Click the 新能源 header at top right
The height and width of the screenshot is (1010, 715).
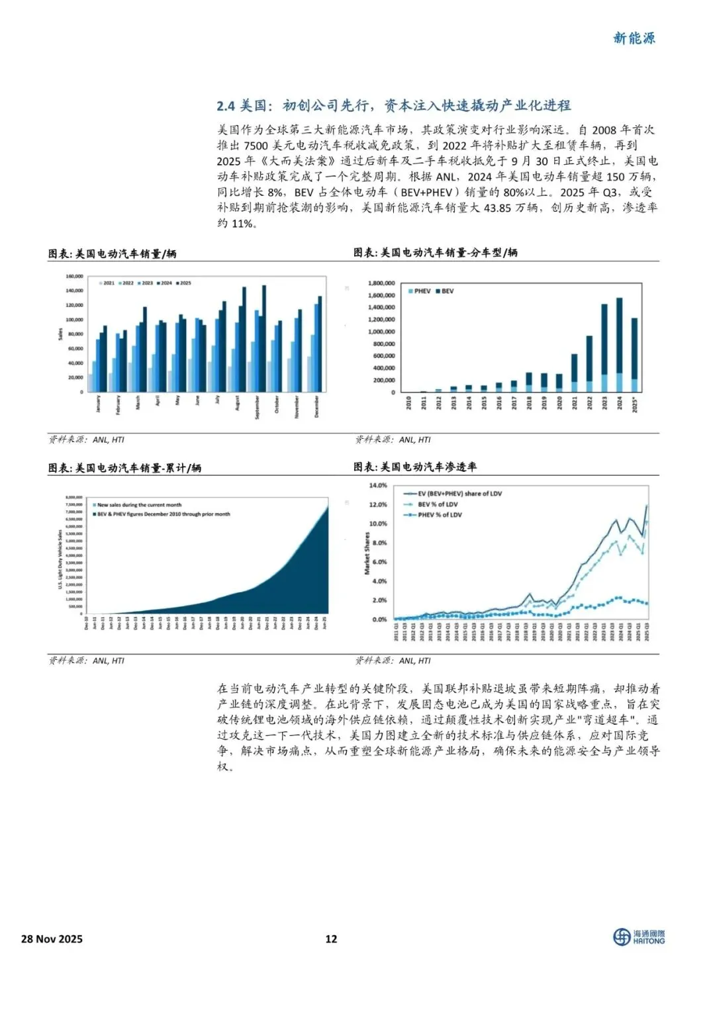634,38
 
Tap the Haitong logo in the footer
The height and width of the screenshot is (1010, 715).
638,937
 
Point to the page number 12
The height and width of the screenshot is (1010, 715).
331,939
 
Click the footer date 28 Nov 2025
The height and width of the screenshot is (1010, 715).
52,939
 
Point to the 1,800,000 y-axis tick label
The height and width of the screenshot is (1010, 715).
381,283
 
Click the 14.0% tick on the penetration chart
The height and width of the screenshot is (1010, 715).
378,485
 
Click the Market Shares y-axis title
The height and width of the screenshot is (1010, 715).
367,553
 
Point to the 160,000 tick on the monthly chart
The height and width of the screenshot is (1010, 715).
74,276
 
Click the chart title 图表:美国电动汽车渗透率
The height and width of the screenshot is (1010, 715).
415,467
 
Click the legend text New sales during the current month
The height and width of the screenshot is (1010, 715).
138,505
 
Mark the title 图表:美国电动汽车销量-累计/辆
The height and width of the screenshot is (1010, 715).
124,468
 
